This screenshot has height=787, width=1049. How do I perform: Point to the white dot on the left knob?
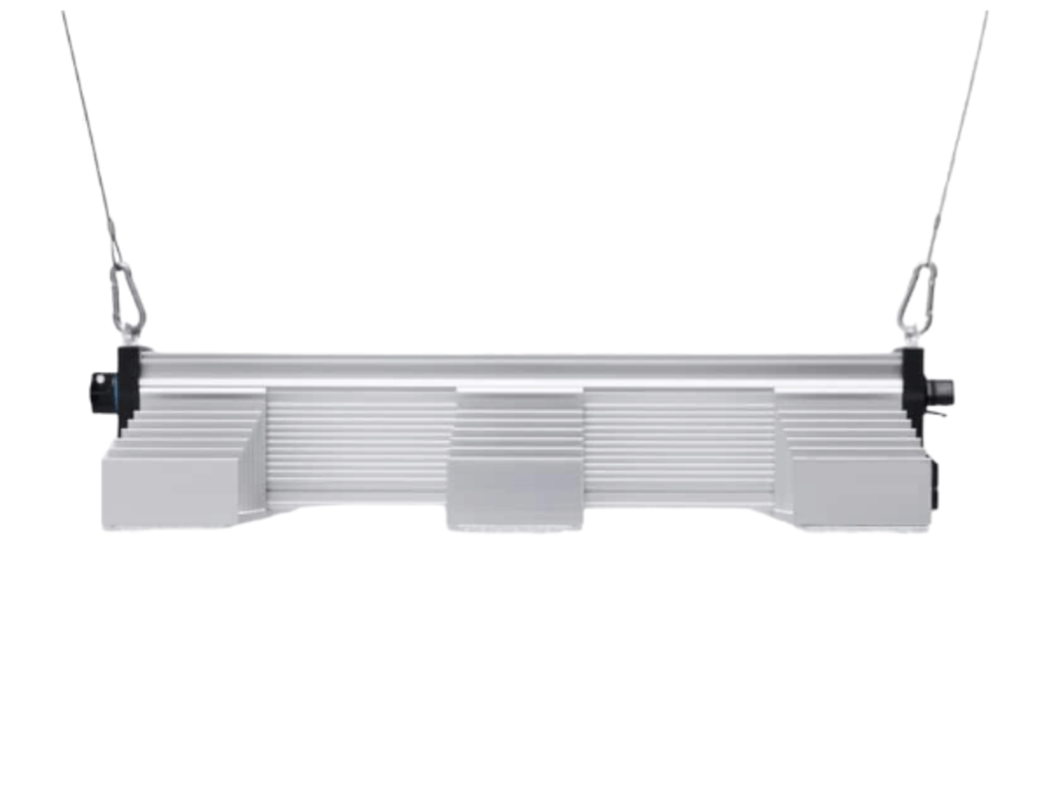[99, 379]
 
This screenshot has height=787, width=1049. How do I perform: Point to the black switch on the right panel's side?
[936, 486]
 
